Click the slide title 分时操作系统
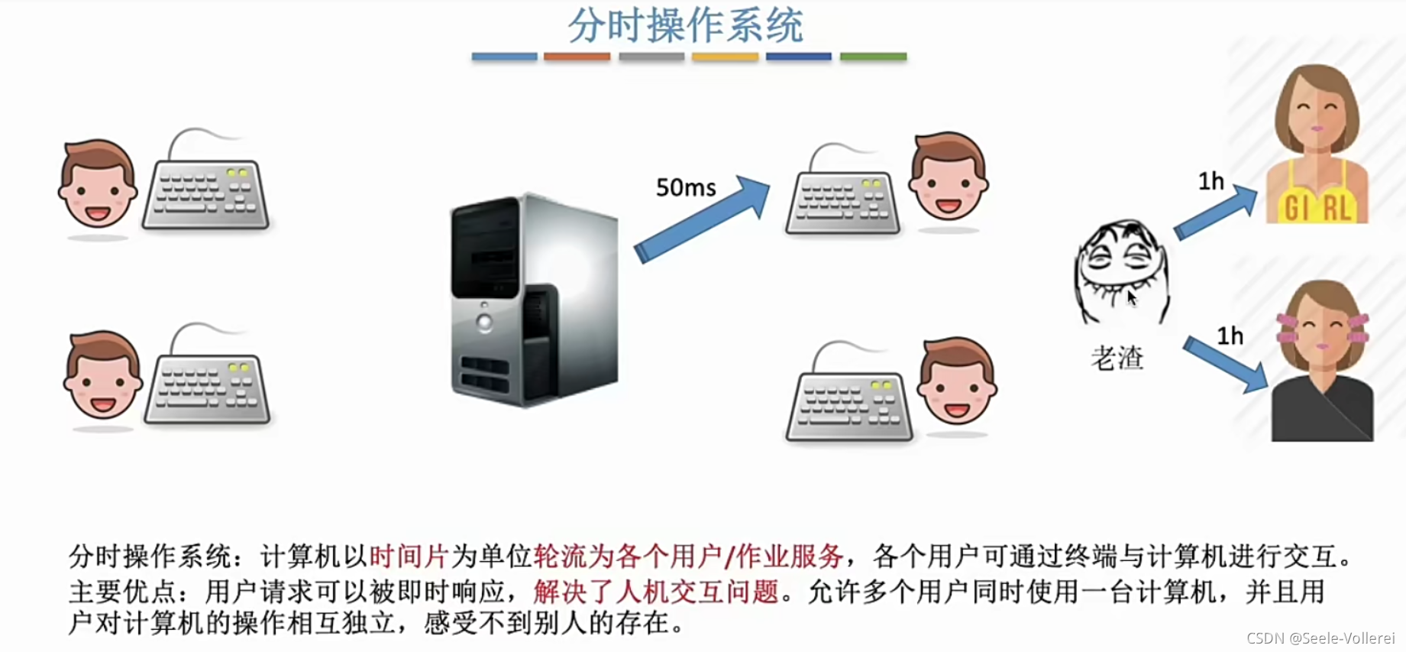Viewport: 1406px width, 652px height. [x=685, y=25]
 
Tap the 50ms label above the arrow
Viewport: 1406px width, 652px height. [x=686, y=187]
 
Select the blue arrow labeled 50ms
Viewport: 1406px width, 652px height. [x=701, y=220]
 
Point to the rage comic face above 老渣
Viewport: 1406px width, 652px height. [x=1121, y=271]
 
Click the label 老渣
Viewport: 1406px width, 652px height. [x=1117, y=358]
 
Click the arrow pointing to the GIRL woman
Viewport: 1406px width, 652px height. [x=1215, y=213]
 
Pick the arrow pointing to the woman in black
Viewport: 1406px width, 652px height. [x=1225, y=365]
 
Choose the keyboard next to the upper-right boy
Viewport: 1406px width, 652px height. [x=842, y=200]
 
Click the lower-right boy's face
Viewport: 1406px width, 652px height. [x=957, y=382]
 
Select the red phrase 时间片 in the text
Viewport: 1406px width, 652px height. [x=408, y=556]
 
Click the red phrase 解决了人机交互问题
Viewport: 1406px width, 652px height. [x=656, y=592]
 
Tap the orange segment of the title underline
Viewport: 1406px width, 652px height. [x=577, y=57]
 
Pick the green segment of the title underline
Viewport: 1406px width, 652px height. [x=873, y=57]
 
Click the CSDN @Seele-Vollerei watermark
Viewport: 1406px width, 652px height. [x=1320, y=638]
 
